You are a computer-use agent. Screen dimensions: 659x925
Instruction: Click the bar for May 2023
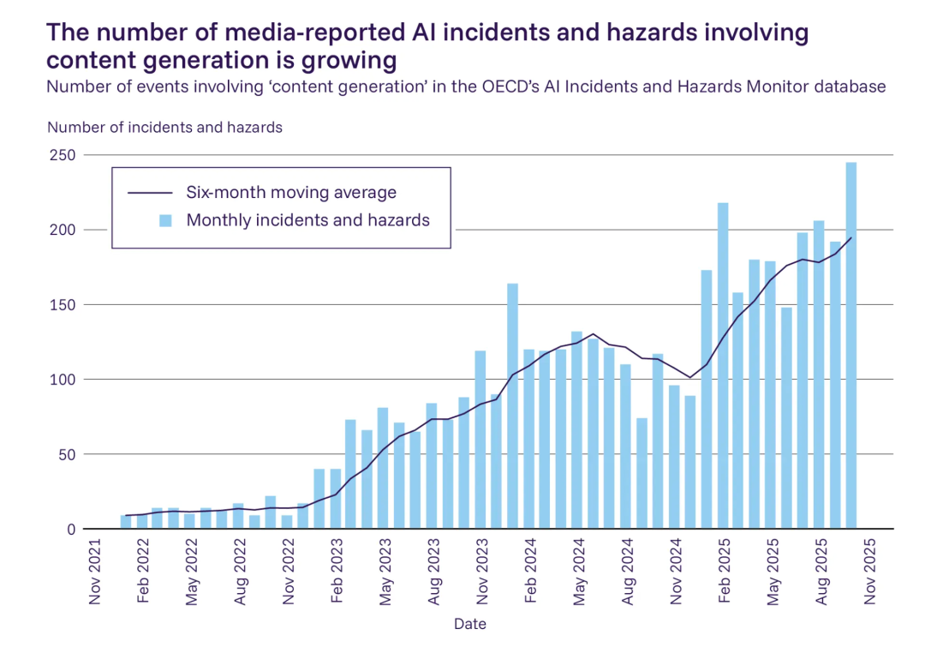(383, 468)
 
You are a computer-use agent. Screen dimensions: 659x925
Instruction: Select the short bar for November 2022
(287, 522)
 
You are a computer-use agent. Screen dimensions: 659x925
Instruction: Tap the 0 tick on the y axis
(72, 529)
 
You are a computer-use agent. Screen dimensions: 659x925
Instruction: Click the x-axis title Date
(470, 624)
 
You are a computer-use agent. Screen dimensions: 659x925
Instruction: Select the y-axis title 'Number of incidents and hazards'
(164, 128)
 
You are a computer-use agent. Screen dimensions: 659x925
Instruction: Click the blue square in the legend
(166, 220)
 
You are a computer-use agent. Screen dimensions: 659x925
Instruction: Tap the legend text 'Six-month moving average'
(291, 192)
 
